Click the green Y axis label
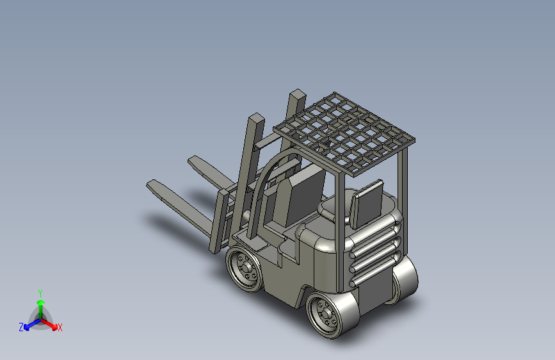tap(40, 292)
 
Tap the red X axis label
tap(60, 327)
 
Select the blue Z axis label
tap(21, 327)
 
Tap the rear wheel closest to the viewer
tap(327, 315)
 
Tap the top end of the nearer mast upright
tap(255, 119)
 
